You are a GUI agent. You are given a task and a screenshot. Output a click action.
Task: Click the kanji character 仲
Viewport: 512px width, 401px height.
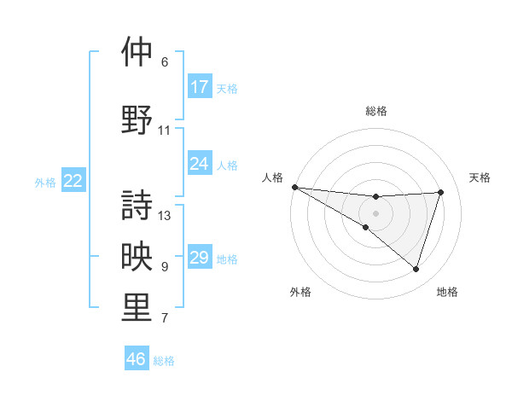(137, 53)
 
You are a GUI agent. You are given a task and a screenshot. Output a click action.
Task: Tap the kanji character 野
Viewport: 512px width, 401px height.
(137, 119)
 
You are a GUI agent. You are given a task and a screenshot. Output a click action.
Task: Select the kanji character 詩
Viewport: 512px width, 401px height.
(137, 205)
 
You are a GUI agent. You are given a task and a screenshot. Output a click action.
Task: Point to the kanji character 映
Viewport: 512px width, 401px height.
(137, 257)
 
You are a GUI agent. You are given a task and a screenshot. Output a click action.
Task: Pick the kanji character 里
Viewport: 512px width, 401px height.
(137, 308)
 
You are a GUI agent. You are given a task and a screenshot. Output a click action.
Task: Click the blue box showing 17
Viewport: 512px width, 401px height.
(200, 87)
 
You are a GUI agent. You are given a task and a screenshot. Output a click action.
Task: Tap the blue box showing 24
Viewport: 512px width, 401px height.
(200, 164)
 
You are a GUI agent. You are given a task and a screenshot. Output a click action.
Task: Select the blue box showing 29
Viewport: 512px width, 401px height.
(200, 258)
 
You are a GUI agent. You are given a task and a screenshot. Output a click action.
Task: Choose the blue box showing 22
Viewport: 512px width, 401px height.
(73, 181)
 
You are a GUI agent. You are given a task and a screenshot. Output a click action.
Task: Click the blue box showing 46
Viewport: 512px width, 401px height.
(137, 359)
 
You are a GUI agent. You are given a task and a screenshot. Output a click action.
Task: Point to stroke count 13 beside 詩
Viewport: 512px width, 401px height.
(165, 215)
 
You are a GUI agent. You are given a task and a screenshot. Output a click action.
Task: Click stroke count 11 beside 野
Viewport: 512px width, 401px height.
(165, 131)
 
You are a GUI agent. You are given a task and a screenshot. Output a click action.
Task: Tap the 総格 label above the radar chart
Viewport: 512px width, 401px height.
(375, 111)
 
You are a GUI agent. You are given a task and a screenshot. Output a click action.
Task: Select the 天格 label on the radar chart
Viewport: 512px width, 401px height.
(480, 177)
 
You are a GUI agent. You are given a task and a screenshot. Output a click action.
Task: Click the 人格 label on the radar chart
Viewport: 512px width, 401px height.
(272, 177)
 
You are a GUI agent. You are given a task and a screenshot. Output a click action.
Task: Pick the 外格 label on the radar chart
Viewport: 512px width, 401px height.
(300, 292)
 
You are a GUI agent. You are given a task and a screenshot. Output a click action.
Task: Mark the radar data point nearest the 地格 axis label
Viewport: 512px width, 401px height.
(416, 270)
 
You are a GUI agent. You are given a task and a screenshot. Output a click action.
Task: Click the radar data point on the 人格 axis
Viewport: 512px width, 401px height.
(294, 186)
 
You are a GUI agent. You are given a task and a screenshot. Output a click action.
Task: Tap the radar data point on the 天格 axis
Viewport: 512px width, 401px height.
(441, 192)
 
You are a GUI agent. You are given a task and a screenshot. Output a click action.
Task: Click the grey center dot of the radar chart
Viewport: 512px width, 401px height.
(375, 212)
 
